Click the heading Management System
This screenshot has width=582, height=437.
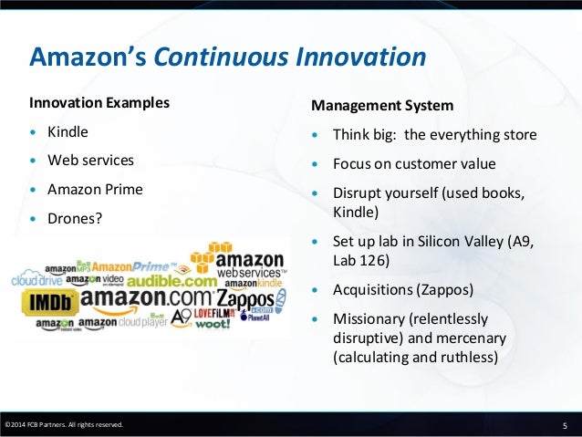click(382, 106)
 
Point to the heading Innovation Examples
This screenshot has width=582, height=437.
click(99, 103)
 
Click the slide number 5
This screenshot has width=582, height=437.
click(565, 426)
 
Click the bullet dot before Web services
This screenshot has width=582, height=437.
click(34, 161)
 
